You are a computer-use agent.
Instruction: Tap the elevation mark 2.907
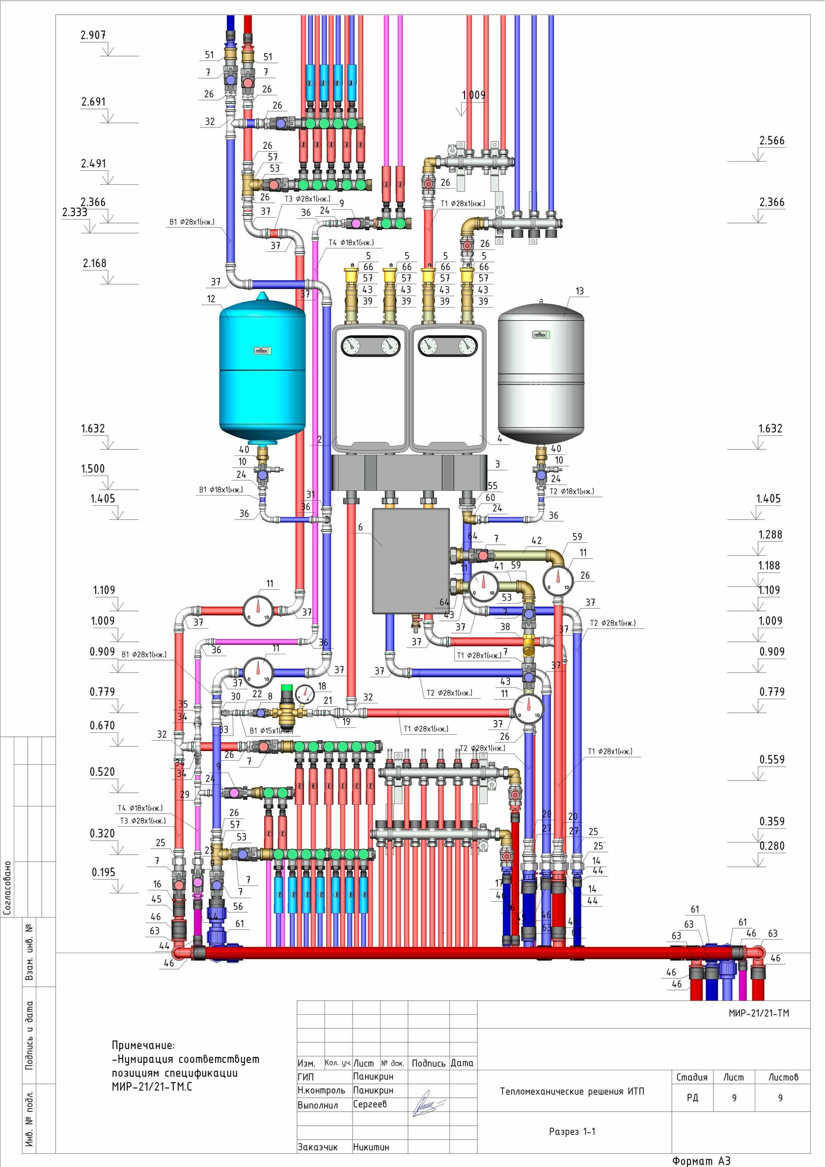pos(93,35)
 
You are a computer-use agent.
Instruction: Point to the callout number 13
pos(579,291)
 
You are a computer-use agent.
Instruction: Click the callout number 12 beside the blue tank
pos(211,299)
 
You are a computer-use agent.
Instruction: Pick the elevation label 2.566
pos(771,140)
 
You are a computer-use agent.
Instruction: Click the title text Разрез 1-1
pos(572,1132)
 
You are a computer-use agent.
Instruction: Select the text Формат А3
pos(701,1161)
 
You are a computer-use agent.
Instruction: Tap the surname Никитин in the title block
pos(371,1147)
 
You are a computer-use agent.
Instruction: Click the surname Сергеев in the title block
pos(370,1104)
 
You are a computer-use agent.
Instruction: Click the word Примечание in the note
pos(143,1046)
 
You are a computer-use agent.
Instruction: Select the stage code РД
pos(692,1098)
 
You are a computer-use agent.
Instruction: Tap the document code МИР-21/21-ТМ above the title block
pos(758,1013)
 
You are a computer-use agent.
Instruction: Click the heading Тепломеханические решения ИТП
pos(572,1091)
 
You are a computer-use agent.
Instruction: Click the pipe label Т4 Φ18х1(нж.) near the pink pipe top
pos(351,243)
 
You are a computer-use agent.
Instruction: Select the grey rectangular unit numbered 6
pos(411,560)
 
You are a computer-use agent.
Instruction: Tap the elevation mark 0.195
pos(104,872)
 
